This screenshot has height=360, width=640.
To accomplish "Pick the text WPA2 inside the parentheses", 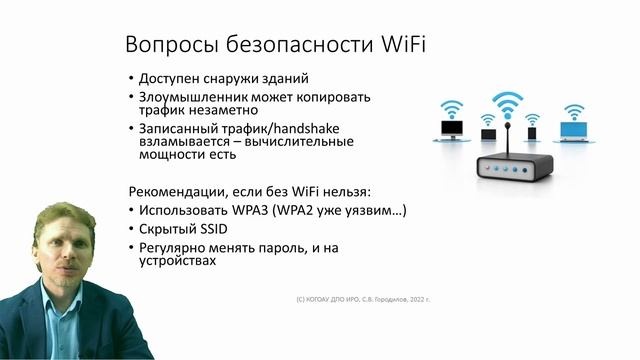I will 329,211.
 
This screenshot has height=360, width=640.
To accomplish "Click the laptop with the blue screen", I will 574,131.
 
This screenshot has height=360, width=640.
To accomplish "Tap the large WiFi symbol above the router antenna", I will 507,102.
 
